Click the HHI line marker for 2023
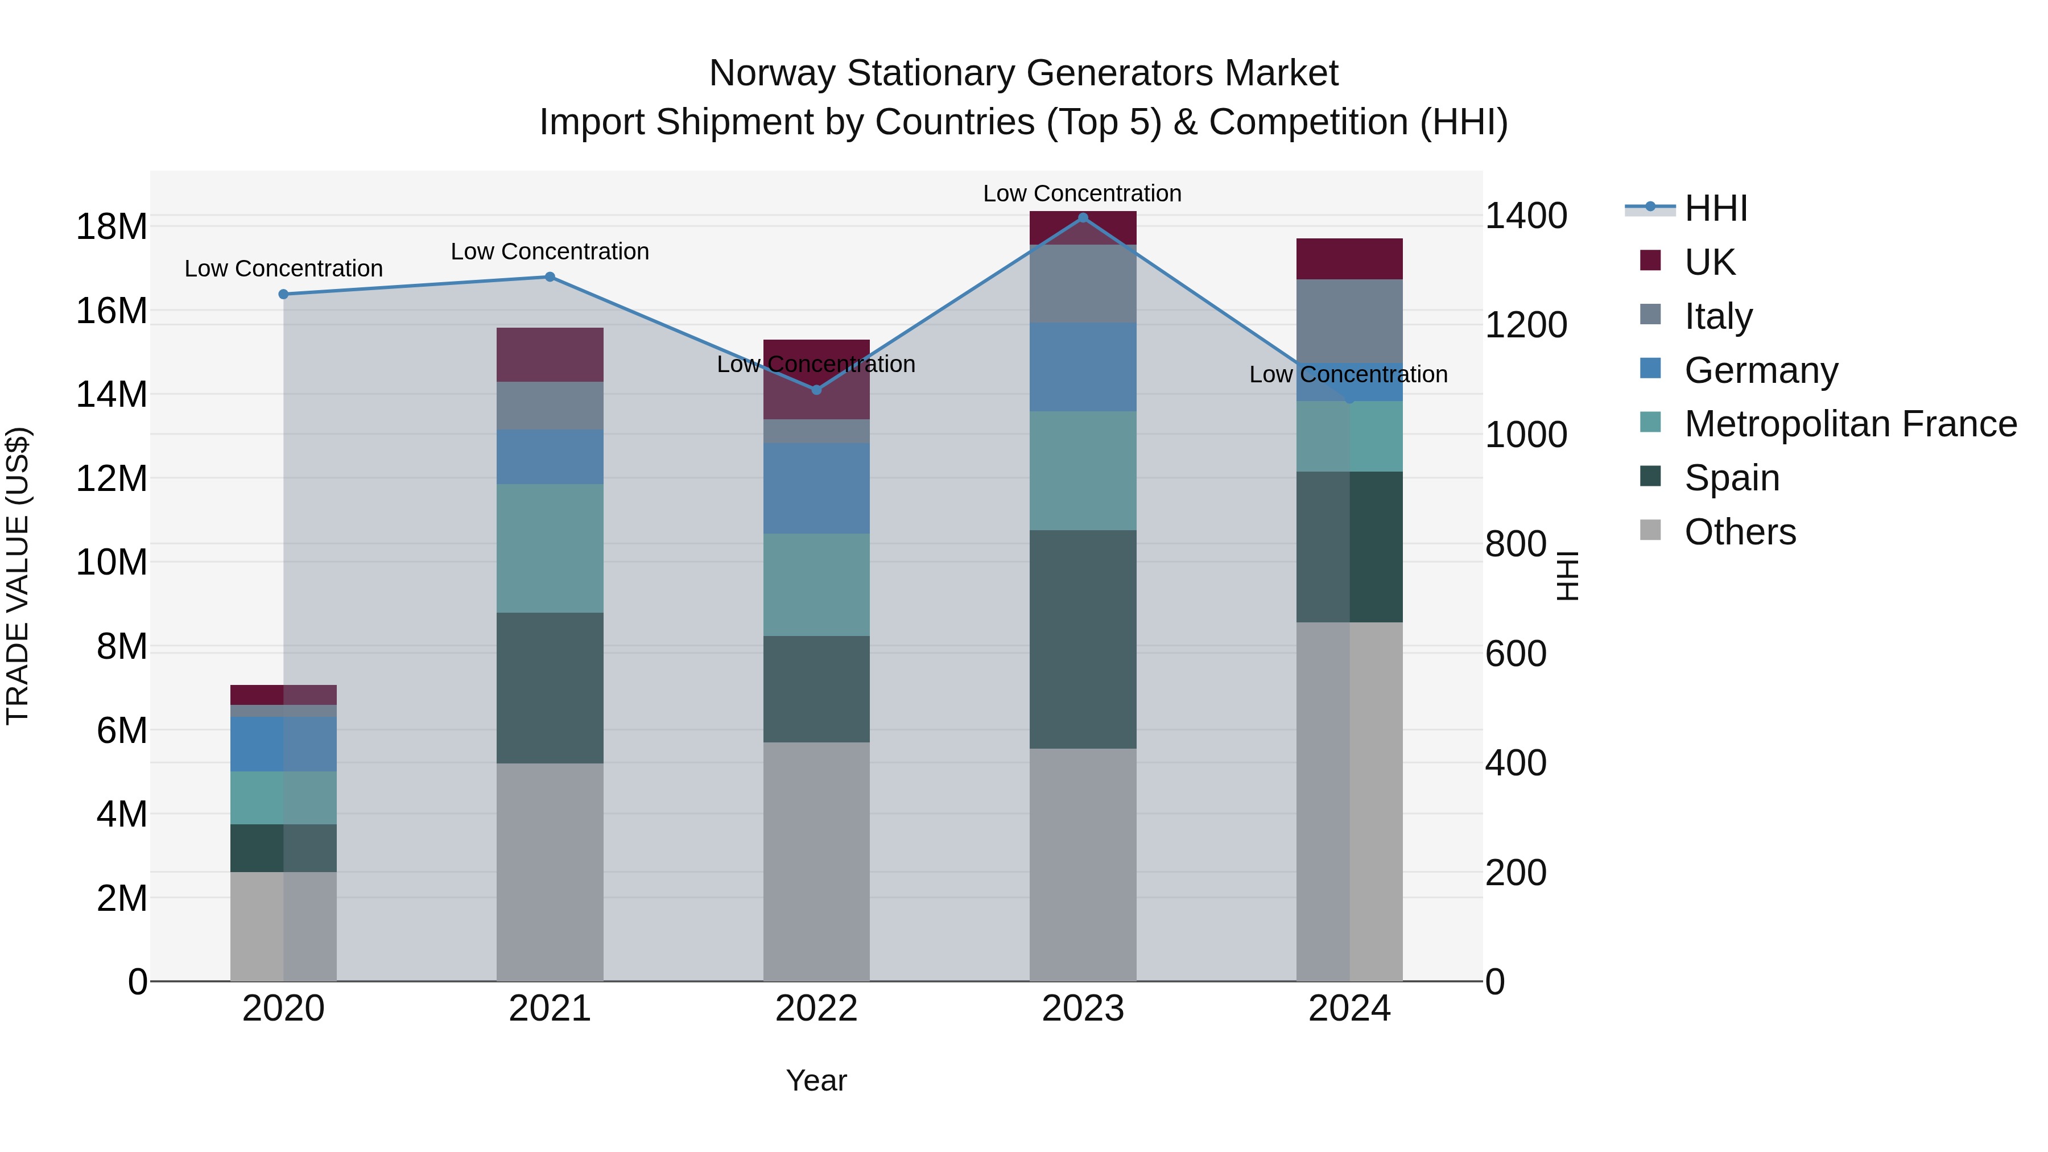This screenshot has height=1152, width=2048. (1083, 218)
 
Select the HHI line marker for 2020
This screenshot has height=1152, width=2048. (284, 294)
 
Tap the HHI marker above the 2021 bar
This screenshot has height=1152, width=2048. (550, 276)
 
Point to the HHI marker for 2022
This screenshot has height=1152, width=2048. (816, 390)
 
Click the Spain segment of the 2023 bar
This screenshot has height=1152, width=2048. (1083, 639)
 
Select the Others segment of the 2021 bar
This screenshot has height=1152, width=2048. (550, 872)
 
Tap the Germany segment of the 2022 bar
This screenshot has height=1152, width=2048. (816, 488)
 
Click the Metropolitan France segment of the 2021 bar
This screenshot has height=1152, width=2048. (550, 548)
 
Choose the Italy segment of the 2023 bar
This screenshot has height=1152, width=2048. (1083, 284)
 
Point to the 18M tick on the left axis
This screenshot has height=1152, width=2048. (112, 226)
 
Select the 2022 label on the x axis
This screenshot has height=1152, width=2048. (816, 1009)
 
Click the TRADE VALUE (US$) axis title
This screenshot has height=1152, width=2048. (18, 576)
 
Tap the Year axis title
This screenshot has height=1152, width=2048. (816, 1080)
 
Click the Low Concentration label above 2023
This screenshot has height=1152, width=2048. (1082, 193)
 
